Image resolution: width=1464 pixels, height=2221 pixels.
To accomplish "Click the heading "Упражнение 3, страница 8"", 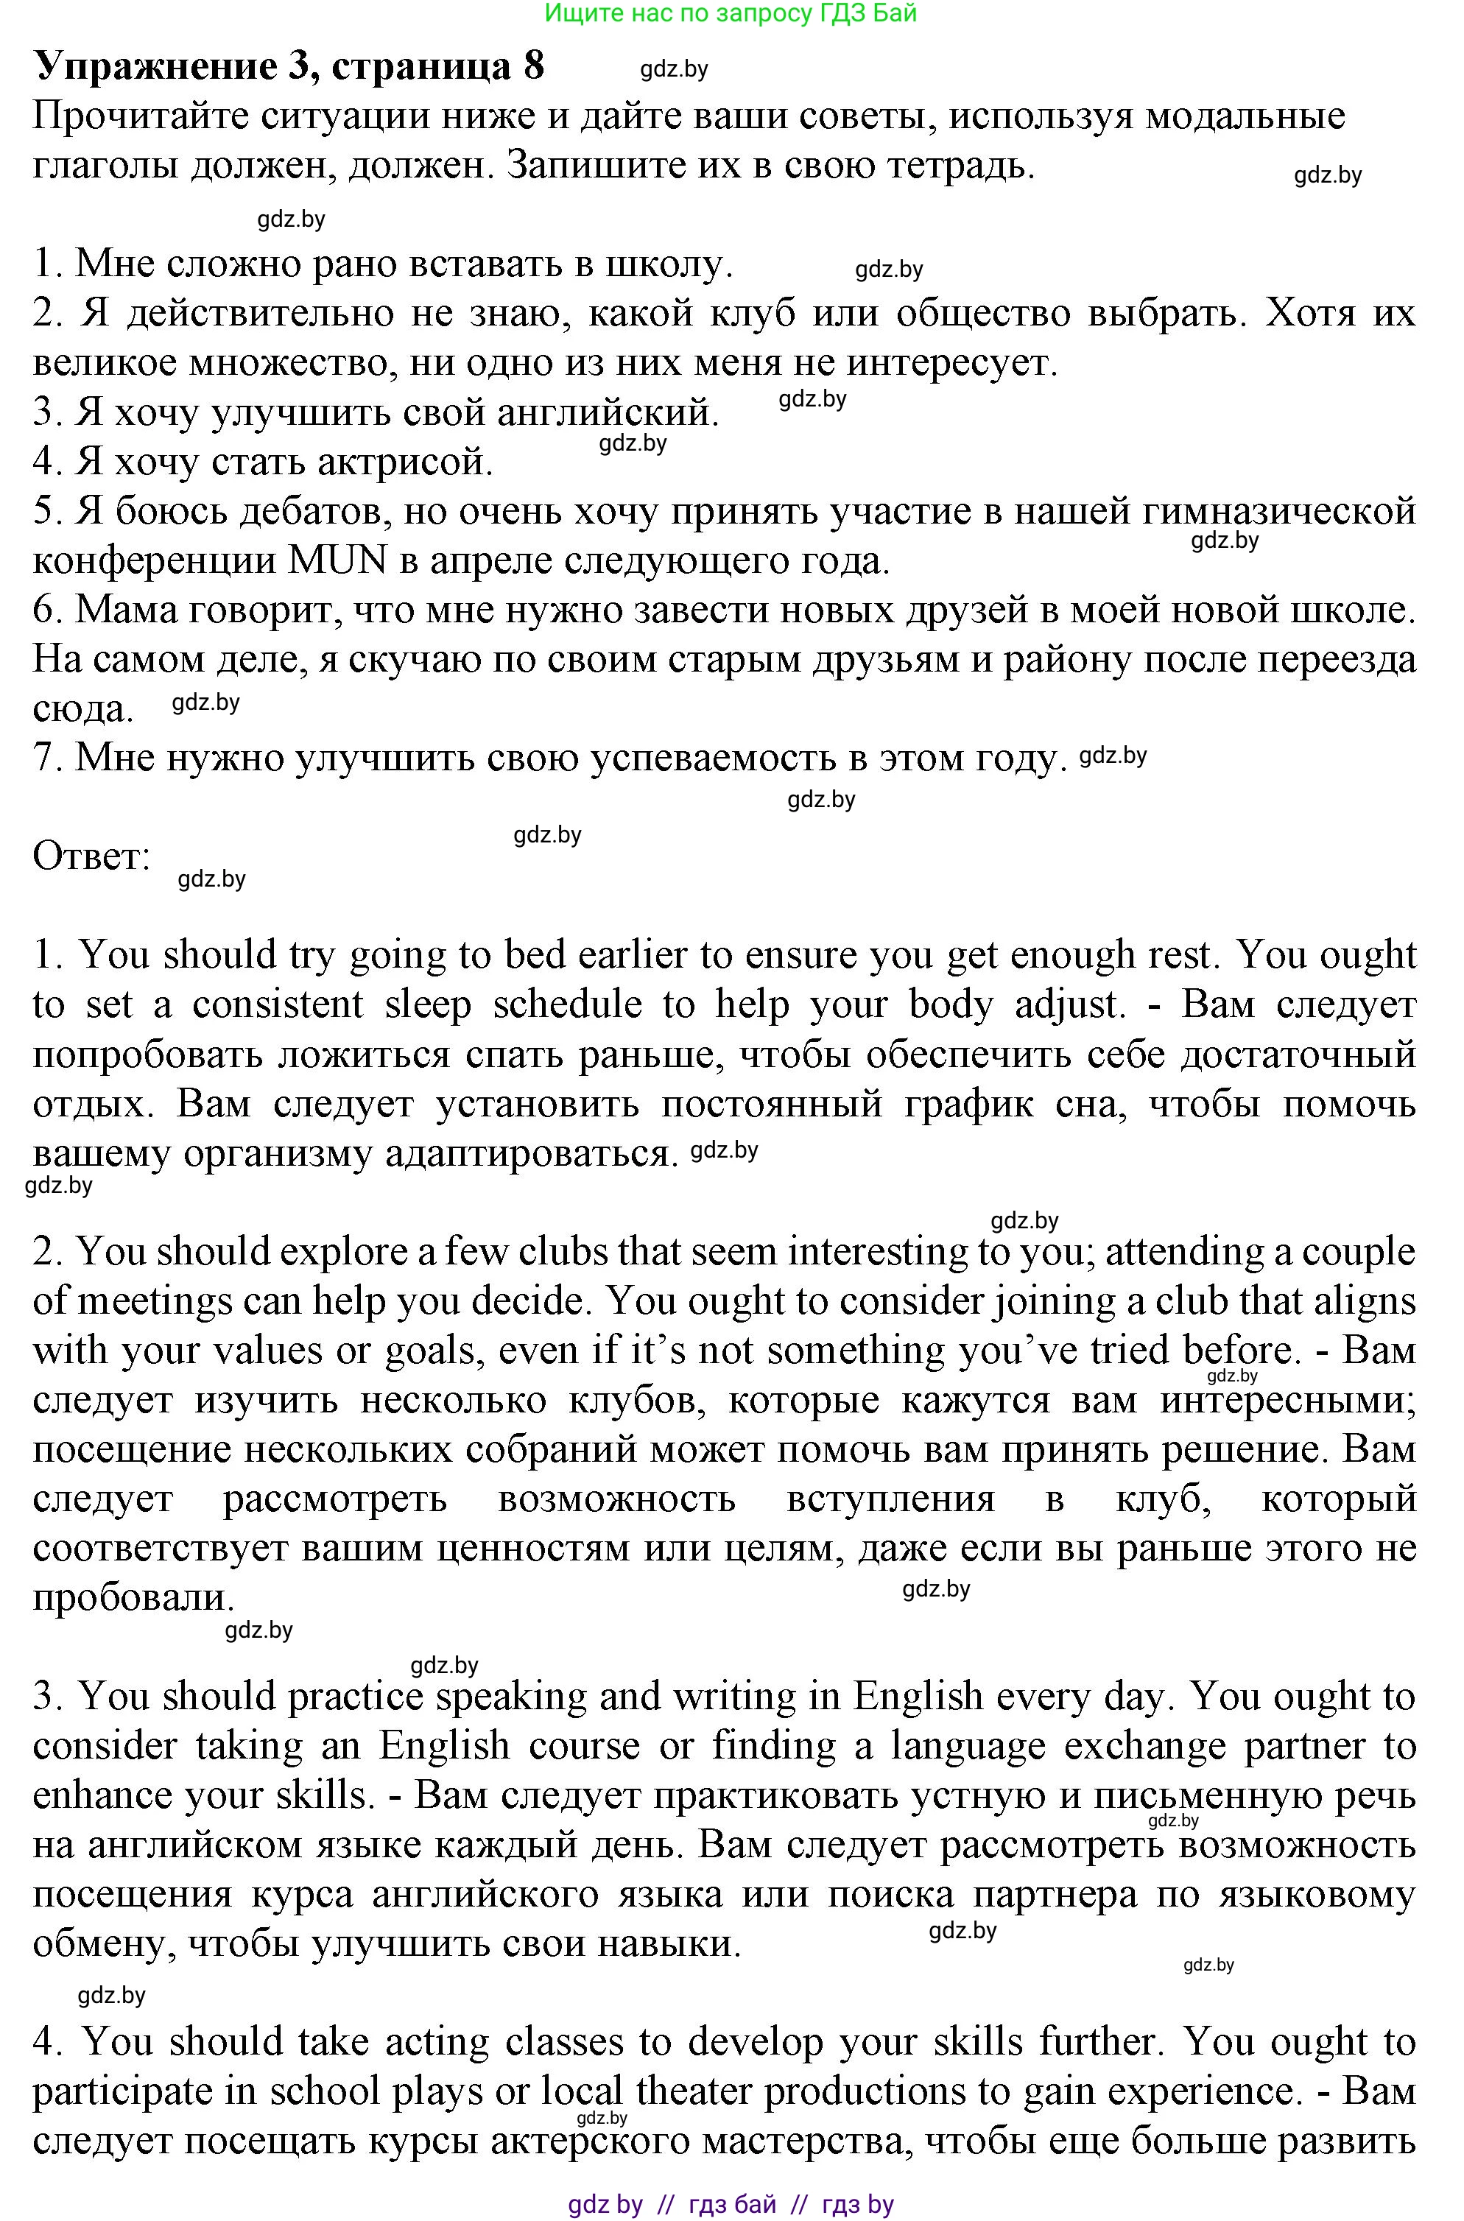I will (289, 67).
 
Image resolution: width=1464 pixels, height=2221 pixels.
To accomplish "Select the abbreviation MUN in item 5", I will (338, 561).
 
